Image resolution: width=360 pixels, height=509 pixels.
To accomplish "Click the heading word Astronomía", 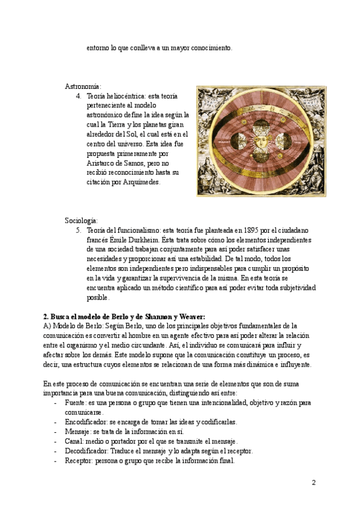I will tap(83, 87).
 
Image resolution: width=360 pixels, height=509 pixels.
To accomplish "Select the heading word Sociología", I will tap(81, 220).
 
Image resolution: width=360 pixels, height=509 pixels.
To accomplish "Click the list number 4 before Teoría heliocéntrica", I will tap(79, 96).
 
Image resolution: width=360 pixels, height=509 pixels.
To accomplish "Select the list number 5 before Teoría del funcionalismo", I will tap(79, 230).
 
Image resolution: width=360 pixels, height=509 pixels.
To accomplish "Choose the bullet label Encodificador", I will tap(86, 422).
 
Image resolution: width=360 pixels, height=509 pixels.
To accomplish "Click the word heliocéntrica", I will tap(127, 96).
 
